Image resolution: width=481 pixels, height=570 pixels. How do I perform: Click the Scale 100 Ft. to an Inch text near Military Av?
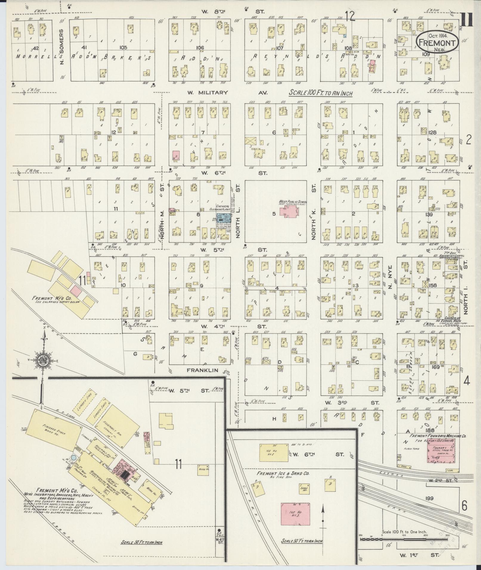click(321, 93)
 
